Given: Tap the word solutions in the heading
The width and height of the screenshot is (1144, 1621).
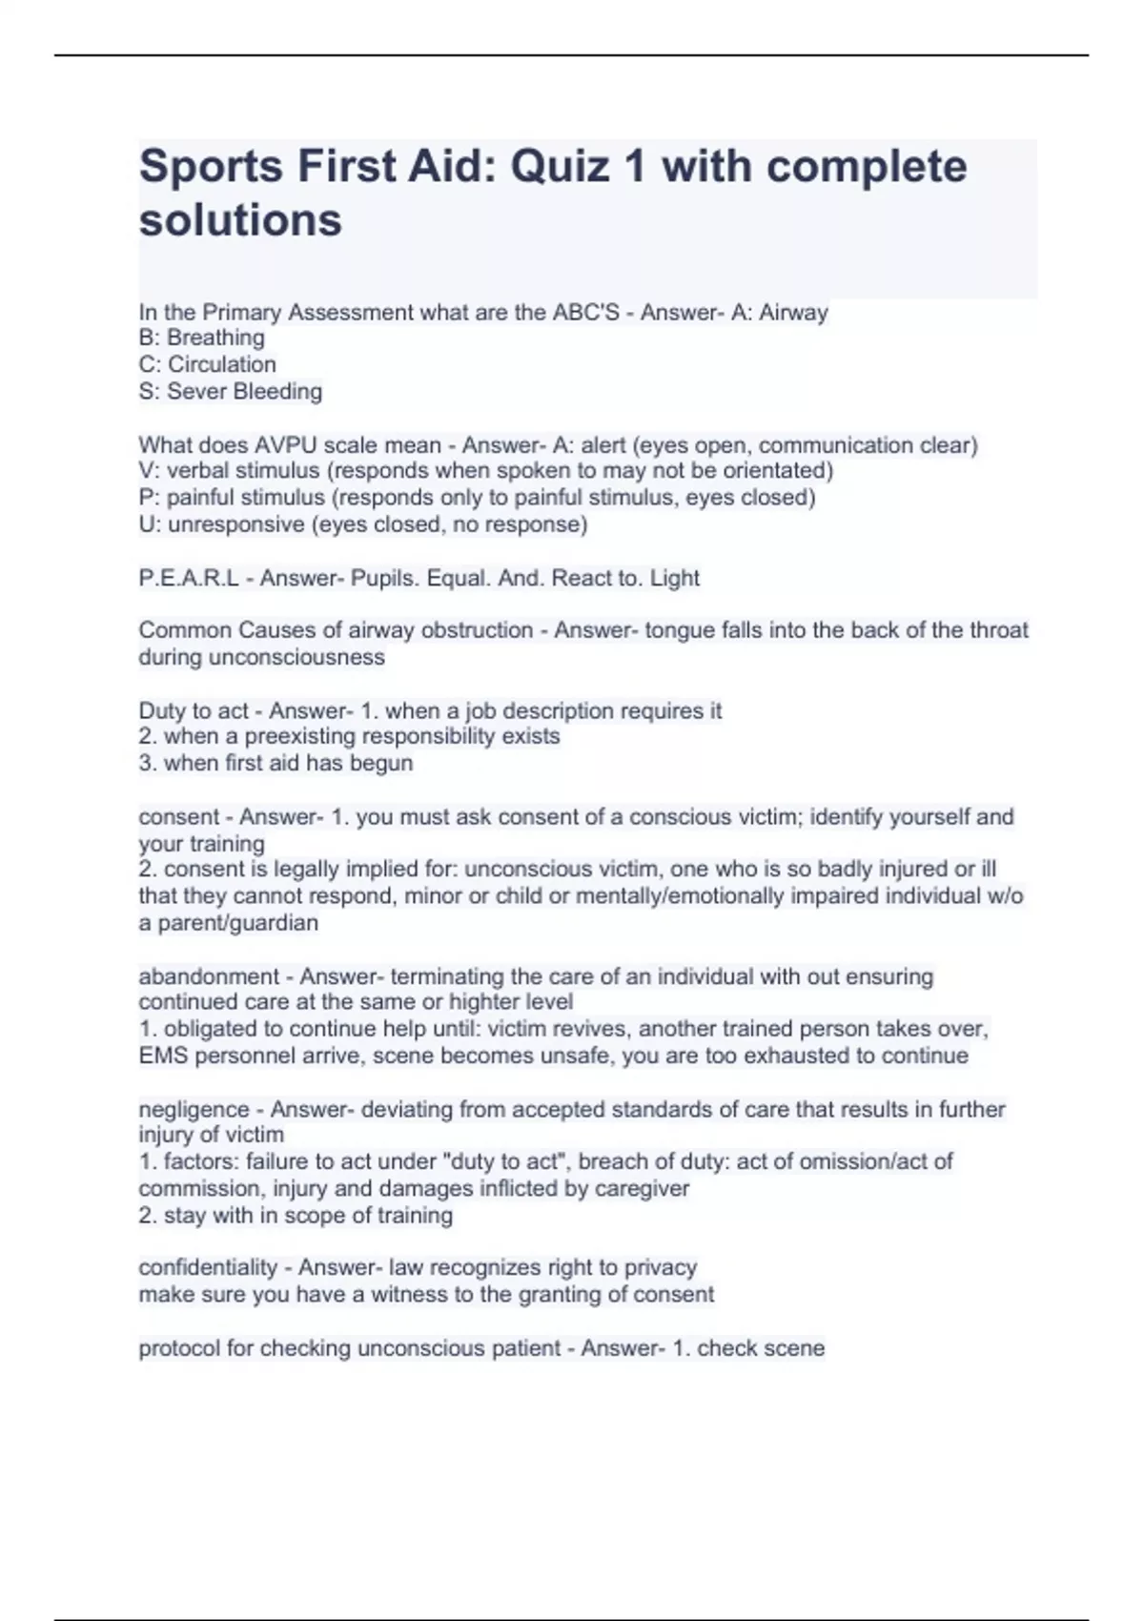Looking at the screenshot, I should [x=240, y=220].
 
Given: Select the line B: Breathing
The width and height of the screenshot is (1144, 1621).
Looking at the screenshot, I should [x=201, y=338].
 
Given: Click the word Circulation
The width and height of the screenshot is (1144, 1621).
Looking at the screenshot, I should [x=222, y=364].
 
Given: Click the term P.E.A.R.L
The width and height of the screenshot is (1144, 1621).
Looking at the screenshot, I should [x=189, y=578].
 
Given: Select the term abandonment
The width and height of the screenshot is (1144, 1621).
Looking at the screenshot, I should [x=209, y=976].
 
